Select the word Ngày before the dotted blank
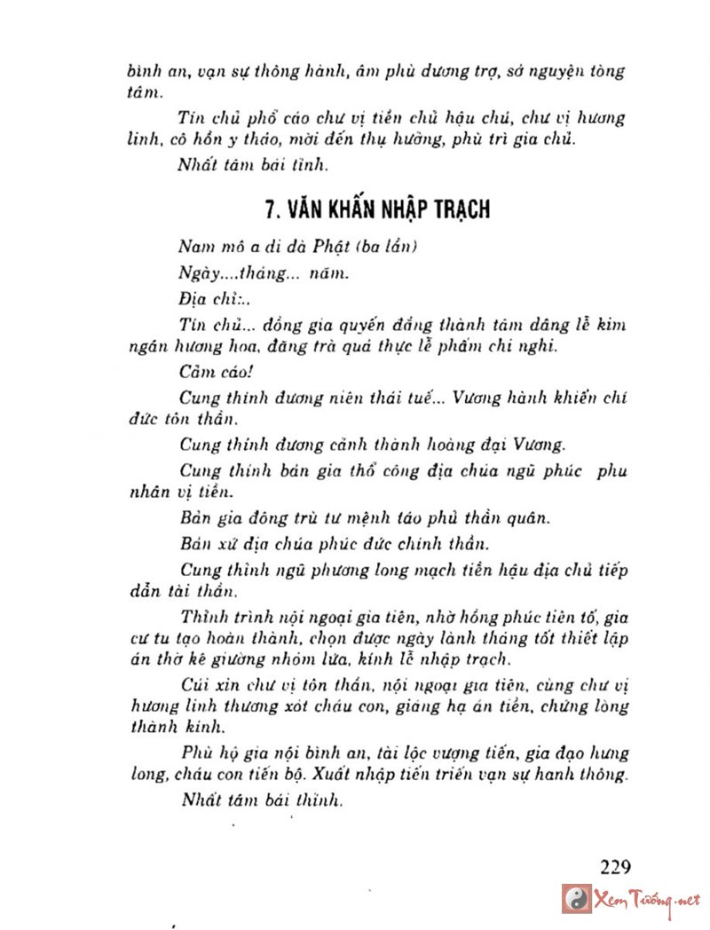198,272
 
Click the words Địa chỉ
203,297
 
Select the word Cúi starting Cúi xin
193,686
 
